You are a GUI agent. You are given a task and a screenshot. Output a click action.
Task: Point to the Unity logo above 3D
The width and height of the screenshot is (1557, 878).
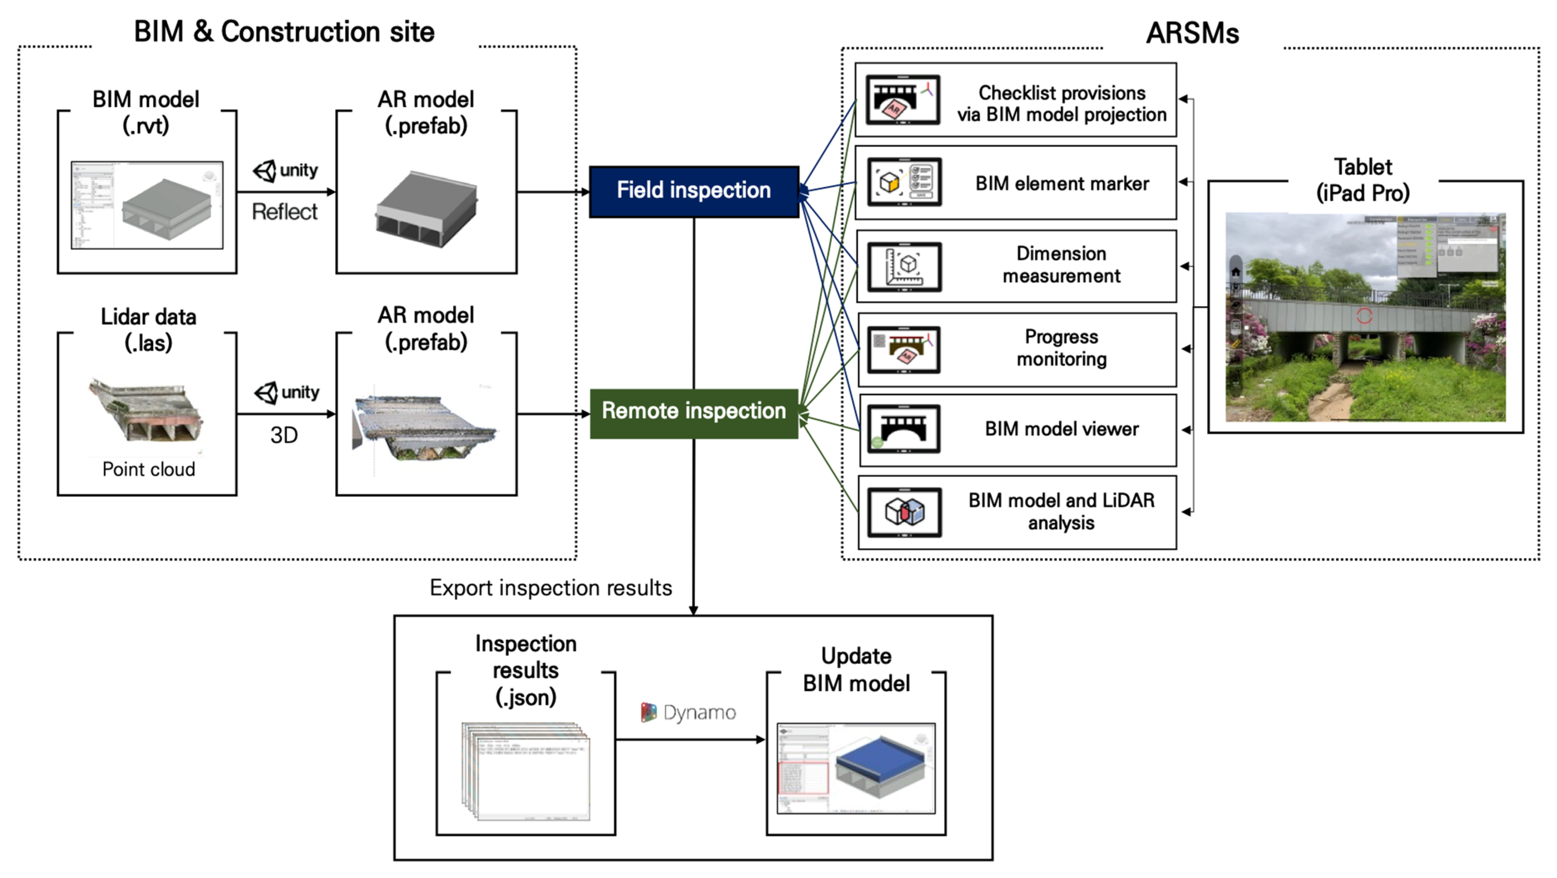point(266,393)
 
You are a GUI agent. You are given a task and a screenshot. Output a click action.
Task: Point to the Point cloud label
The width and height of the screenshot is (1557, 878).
point(149,469)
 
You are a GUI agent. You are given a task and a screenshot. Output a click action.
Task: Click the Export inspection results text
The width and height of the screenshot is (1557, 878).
point(551,588)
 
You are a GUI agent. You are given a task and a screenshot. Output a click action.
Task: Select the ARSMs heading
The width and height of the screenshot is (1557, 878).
point(1192,33)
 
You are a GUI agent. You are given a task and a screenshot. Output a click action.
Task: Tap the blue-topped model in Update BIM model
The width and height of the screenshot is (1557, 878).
point(880,766)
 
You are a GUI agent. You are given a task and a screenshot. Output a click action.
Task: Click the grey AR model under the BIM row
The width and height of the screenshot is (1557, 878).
point(426,209)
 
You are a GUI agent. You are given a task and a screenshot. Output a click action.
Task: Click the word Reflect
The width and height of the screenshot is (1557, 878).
point(284,212)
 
